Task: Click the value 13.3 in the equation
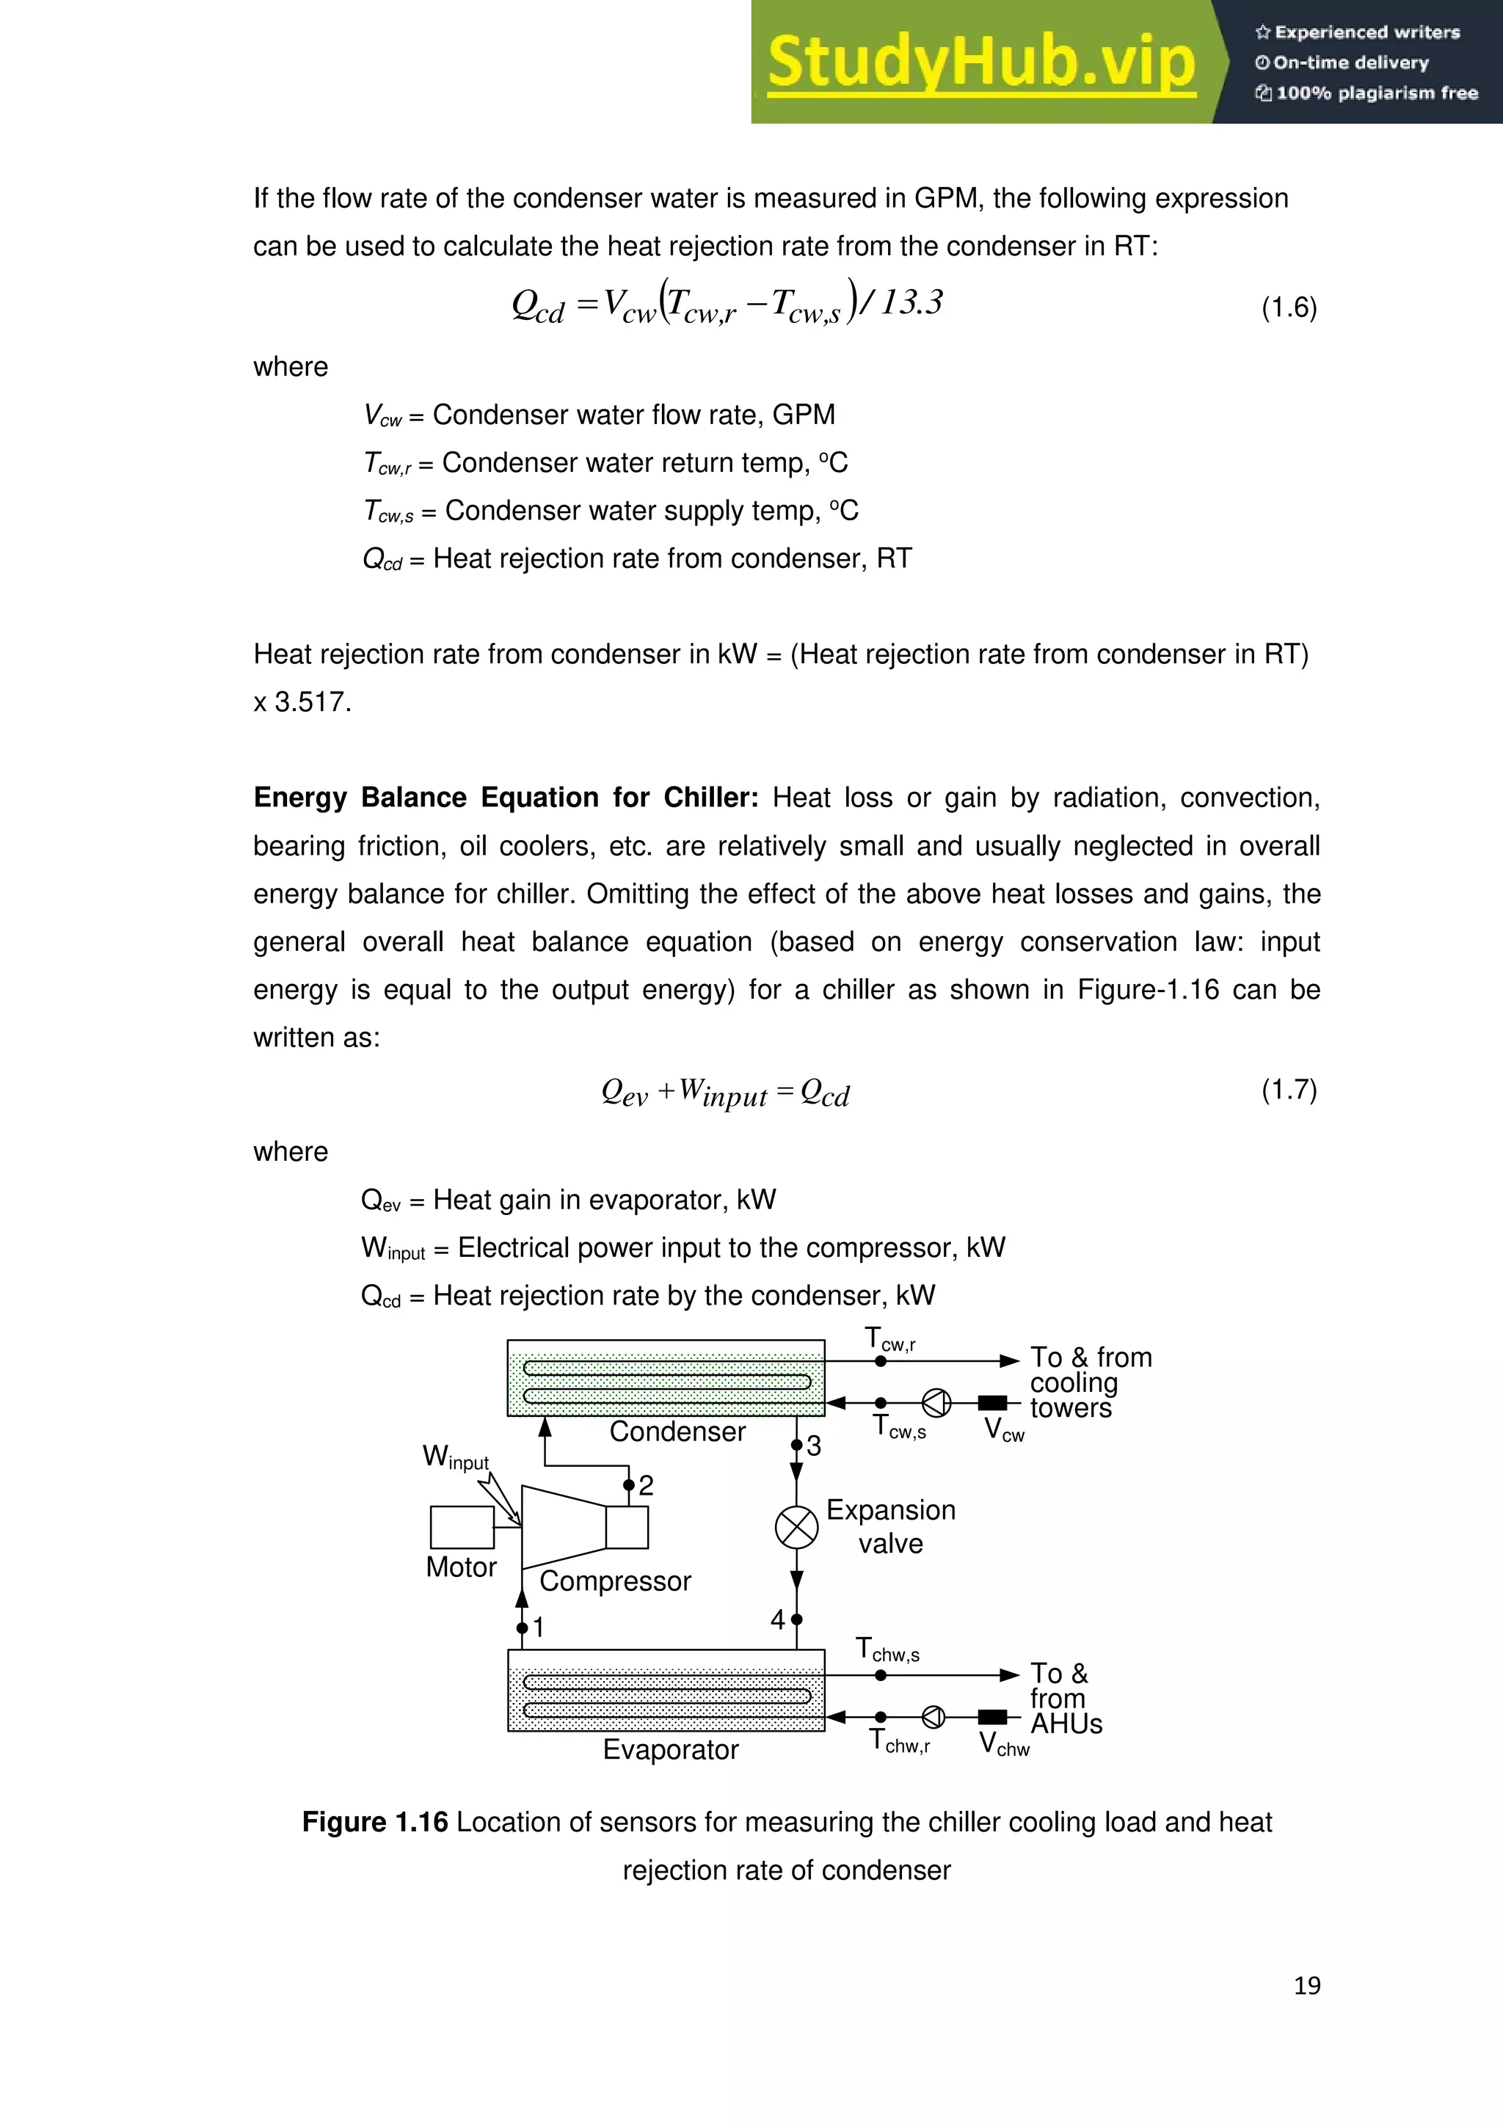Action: pos(911,302)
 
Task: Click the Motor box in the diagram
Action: pos(462,1527)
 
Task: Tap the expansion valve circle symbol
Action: pos(796,1527)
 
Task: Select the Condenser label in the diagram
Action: pos(677,1432)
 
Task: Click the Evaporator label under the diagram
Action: pos(670,1749)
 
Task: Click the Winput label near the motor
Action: pos(455,1457)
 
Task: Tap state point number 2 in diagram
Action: pos(645,1485)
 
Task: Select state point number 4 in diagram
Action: pos(777,1619)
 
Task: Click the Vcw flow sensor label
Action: pos(1003,1430)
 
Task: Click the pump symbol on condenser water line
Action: pos(936,1403)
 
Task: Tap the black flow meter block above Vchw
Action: pos(992,1718)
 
